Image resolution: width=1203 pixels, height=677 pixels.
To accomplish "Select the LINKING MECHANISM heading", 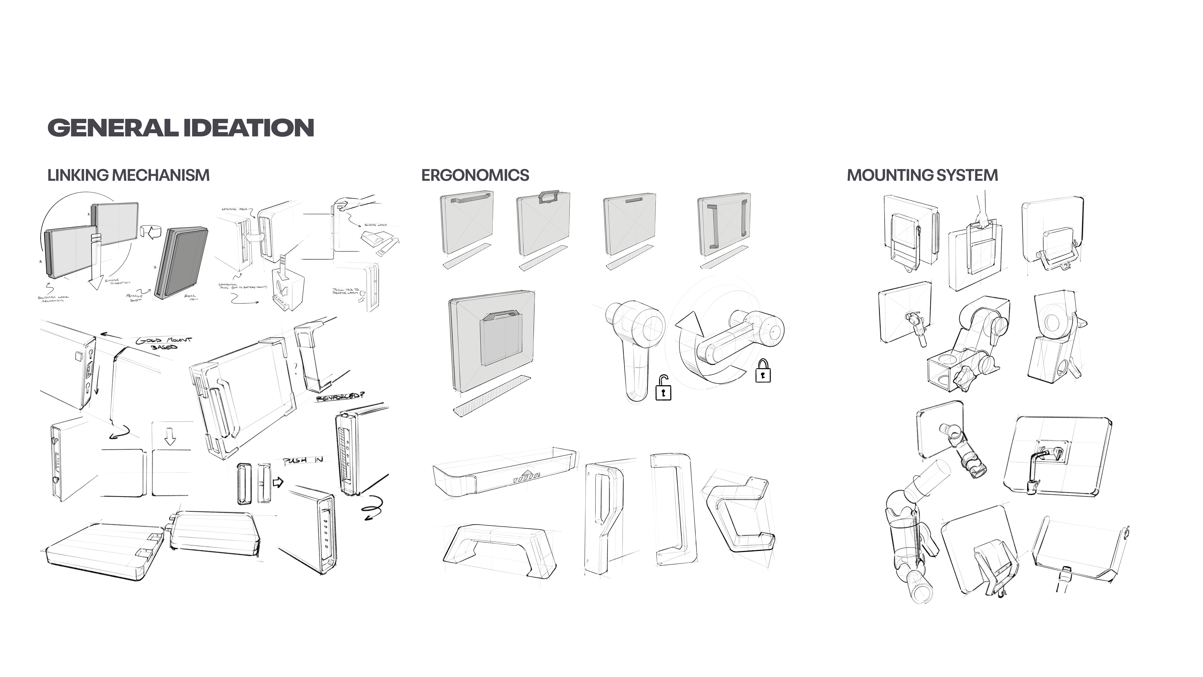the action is [128, 175].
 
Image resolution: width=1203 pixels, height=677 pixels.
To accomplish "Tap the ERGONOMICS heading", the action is [475, 175].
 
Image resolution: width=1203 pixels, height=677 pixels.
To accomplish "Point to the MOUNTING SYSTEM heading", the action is [922, 175].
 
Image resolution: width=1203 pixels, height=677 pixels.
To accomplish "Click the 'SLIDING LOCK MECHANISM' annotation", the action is [53, 299].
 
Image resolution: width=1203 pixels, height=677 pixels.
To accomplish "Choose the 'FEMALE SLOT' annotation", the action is [135, 298].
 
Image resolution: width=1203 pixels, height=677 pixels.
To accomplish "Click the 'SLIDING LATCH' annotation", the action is [375, 225].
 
